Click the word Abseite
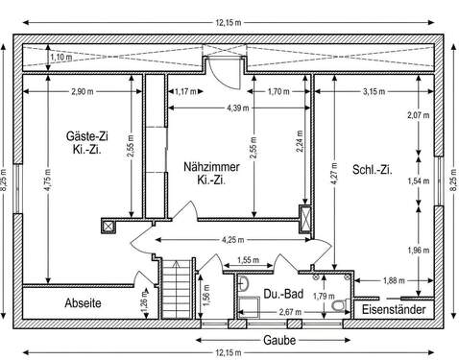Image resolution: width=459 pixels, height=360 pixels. (x=83, y=302)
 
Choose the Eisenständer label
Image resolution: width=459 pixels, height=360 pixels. (x=392, y=309)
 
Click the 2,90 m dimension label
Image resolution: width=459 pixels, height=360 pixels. (x=83, y=92)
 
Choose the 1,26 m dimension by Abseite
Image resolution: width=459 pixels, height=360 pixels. (x=145, y=305)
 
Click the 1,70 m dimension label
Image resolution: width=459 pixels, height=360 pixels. (x=278, y=92)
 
